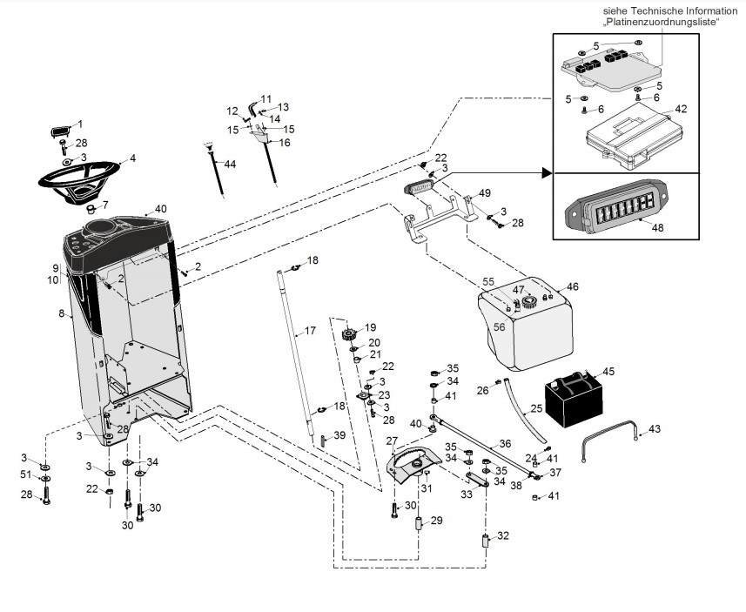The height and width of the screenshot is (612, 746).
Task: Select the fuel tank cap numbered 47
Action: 527,304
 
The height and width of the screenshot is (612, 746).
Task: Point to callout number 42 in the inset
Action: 681,110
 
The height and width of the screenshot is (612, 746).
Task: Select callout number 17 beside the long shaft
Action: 309,331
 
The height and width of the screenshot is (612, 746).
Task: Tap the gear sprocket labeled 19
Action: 351,335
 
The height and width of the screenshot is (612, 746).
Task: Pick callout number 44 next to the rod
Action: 230,164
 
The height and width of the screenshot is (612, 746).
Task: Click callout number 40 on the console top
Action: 160,209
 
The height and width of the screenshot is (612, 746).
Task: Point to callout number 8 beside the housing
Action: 62,313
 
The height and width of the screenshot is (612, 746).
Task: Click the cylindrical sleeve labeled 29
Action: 418,526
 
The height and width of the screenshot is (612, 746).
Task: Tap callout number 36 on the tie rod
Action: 505,442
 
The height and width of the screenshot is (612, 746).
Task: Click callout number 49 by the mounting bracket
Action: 485,192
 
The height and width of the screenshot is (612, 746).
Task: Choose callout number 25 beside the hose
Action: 536,407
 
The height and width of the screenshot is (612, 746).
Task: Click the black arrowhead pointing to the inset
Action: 547,173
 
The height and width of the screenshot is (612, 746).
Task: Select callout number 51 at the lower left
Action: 26,474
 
